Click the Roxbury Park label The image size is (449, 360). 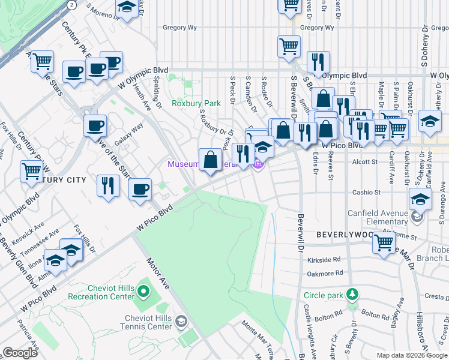point(196,103)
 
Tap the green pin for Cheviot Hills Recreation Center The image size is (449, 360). point(143,292)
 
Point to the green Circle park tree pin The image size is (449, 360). point(354,295)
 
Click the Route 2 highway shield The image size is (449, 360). point(72,5)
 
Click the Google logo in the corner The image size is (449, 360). point(20,352)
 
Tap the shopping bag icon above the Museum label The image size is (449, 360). point(211,160)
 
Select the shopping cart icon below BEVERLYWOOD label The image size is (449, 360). point(384,243)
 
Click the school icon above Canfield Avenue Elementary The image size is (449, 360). point(420,199)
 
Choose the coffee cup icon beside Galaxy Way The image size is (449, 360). point(95,127)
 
